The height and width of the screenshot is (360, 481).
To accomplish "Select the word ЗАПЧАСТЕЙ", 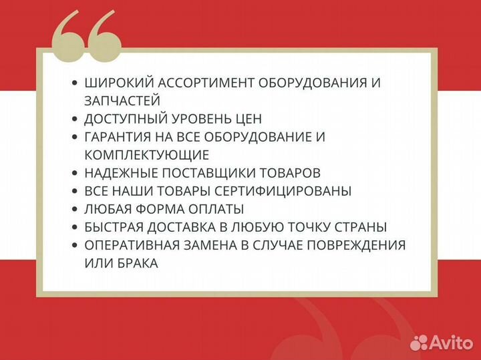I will click(x=122, y=101).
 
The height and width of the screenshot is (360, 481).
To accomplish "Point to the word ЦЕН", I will click(x=247, y=119).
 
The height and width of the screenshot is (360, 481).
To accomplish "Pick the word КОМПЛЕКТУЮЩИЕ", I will click(x=147, y=155).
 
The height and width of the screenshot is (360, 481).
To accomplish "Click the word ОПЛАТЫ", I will click(x=216, y=209).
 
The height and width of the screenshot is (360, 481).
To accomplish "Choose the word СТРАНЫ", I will click(x=361, y=227).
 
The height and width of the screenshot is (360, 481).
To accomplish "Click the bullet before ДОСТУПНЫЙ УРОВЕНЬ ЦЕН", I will click(x=74, y=120).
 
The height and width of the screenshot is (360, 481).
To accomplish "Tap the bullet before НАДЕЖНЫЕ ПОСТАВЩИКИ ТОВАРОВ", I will click(x=74, y=174).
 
